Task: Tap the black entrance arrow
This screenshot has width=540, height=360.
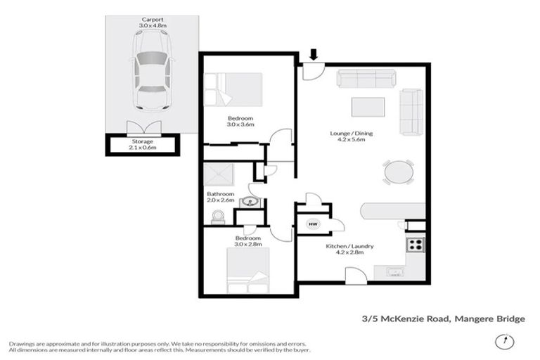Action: [314, 54]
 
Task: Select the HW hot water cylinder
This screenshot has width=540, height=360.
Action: [311, 224]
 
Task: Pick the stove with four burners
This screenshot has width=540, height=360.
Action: [415, 245]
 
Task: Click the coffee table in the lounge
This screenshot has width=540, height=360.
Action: [368, 106]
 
